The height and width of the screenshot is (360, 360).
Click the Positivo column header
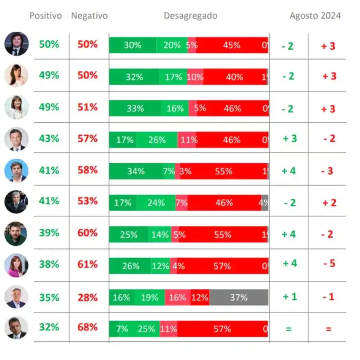(46, 16)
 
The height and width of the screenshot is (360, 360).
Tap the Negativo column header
(89, 16)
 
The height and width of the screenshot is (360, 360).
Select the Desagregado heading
(190, 16)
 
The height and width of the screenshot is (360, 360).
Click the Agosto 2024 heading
(315, 16)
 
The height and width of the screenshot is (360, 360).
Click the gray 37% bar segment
(238, 298)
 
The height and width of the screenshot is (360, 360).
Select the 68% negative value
(88, 327)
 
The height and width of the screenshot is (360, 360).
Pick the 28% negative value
(88, 297)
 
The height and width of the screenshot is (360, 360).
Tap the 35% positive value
(49, 297)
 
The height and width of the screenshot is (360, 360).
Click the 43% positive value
(49, 138)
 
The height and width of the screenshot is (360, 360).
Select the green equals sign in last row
(289, 329)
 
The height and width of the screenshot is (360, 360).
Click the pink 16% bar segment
(177, 298)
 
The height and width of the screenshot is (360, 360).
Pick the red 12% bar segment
(200, 298)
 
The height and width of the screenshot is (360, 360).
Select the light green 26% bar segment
(157, 140)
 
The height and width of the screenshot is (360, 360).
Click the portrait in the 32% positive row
(16, 328)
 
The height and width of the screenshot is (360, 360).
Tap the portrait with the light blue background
(16, 170)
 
